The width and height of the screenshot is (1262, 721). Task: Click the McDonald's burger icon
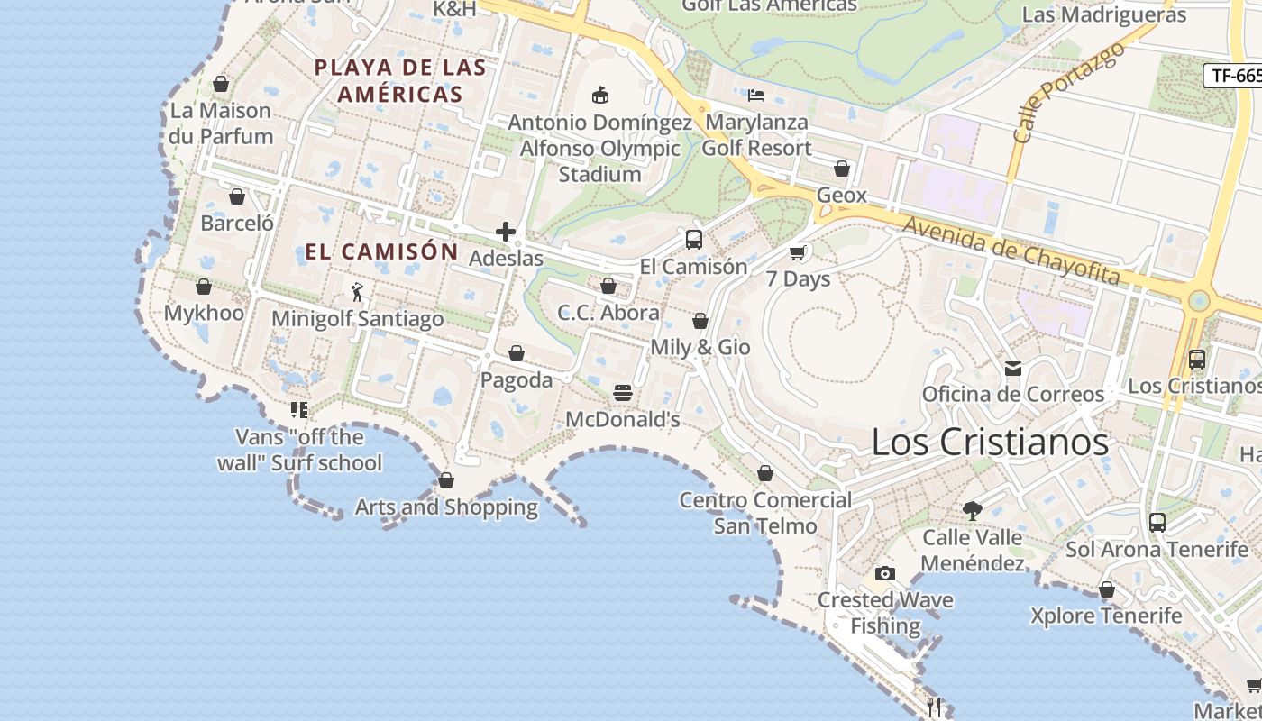[x=622, y=393]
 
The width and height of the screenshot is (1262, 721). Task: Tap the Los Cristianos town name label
[x=990, y=442]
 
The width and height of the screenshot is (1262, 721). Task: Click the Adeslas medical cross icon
[x=506, y=232]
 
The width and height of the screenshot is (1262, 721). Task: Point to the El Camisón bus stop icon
[x=693, y=240]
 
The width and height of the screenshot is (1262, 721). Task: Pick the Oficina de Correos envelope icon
[x=1013, y=368]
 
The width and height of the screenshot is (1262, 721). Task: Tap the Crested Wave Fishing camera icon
[x=885, y=573]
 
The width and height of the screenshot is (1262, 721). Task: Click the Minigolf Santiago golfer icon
[x=357, y=292]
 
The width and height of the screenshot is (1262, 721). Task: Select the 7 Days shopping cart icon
[x=797, y=252]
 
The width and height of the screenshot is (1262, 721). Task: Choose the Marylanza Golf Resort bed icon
[x=756, y=95]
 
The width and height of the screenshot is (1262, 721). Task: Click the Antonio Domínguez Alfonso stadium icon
[x=599, y=95]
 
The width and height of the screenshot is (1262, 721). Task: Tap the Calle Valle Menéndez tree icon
[x=972, y=511]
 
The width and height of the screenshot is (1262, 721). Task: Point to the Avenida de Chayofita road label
[x=1011, y=251]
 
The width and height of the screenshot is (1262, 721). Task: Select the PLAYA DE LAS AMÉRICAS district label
[x=400, y=80]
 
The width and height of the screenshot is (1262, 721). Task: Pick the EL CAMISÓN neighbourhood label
[x=381, y=251]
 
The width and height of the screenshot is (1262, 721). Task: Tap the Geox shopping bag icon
[x=841, y=169]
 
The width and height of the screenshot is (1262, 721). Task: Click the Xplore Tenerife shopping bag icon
[x=1106, y=589]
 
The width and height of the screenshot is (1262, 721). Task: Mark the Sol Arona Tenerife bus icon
[x=1157, y=522]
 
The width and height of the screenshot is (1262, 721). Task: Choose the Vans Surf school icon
[x=299, y=410]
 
